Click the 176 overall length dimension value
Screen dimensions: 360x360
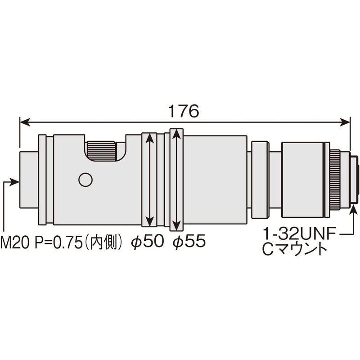[184, 111]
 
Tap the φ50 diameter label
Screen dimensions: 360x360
[148, 241]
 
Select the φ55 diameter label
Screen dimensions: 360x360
[189, 241]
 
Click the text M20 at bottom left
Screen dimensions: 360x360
[15, 243]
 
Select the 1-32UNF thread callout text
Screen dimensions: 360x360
[300, 234]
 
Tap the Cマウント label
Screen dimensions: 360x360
[295, 250]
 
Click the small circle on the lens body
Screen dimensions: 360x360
[85, 180]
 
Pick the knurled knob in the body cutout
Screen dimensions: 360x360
[101, 151]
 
